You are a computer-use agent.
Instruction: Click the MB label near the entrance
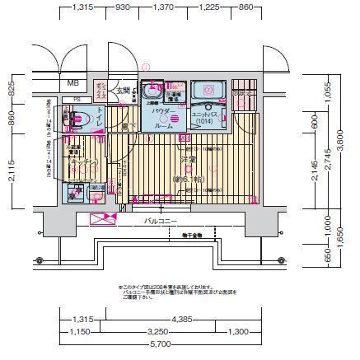coord(73,83)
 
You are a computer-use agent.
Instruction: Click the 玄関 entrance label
coord(124,90)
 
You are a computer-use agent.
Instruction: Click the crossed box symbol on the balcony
coord(103,220)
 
